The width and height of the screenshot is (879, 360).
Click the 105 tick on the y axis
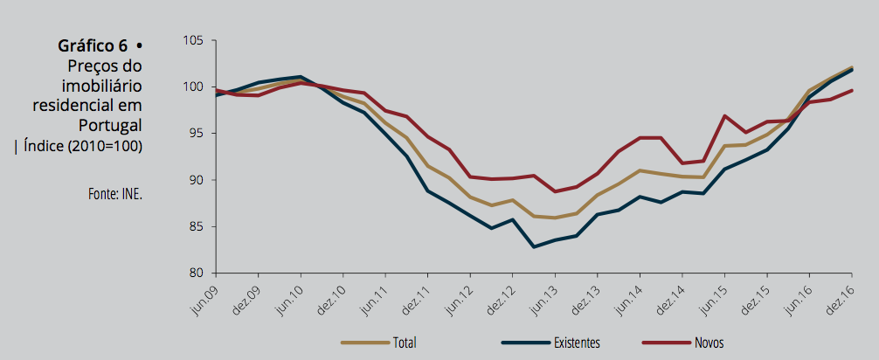pos(193,41)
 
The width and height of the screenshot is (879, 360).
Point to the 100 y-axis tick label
pos(193,87)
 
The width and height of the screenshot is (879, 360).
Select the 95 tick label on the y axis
pos(196,134)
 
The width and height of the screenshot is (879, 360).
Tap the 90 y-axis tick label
pos(196,180)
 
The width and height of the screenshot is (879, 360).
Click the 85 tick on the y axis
pos(196,226)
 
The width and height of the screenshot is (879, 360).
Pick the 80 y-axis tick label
pos(196,273)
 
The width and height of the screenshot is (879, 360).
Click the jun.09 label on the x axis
pos(204,298)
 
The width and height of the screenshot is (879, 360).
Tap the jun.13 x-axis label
pos(540,298)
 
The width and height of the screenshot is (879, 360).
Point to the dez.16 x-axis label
pos(838,298)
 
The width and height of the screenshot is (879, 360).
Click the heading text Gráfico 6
pos(93,46)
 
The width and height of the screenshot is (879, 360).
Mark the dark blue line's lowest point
pos(533,247)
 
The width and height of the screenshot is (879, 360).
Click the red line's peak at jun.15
pos(725,115)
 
